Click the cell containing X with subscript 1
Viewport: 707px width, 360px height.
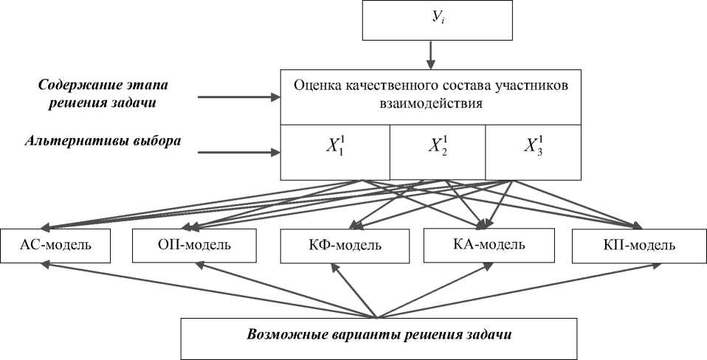[334, 152]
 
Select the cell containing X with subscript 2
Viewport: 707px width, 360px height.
[437, 152]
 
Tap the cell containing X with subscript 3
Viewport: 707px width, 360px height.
[532, 152]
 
